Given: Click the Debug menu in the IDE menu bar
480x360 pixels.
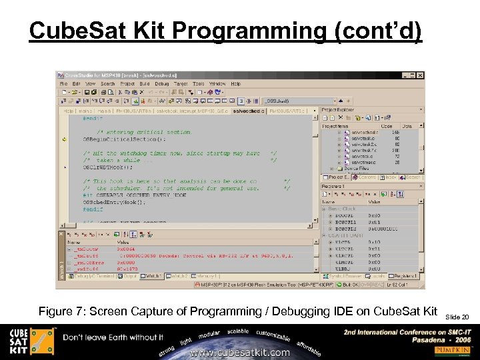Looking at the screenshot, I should pos(162,84).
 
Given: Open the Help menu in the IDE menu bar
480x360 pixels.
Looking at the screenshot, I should pos(235,84).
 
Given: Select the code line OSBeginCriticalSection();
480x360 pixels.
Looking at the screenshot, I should pos(123,140).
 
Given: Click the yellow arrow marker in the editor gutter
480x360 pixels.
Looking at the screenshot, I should pos(64,140).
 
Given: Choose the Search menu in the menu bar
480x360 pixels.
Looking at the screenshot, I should pos(107,84).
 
